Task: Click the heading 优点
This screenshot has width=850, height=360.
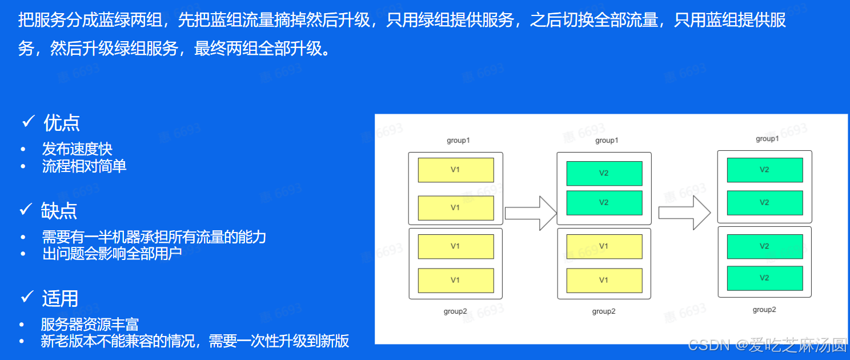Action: tap(62, 123)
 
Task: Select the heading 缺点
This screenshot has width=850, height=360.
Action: tap(59, 211)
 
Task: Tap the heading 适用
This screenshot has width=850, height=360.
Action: tap(60, 298)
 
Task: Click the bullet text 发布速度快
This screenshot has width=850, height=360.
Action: tap(77, 149)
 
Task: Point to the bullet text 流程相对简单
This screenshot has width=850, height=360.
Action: tap(84, 166)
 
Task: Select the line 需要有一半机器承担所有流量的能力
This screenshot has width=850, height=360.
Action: tap(154, 237)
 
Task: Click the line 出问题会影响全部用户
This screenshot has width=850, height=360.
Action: tap(112, 253)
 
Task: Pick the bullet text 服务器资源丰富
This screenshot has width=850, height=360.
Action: tap(90, 325)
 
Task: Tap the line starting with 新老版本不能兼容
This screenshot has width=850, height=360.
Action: tap(195, 341)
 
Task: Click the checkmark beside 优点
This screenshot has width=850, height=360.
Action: tap(29, 122)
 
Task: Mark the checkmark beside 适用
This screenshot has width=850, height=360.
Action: tap(27, 297)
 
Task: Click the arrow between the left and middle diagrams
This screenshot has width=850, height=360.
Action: tap(531, 213)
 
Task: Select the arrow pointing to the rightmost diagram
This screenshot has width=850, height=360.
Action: tap(684, 213)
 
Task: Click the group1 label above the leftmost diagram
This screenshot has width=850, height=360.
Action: tap(458, 141)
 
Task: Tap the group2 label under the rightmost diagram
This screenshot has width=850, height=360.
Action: tap(764, 310)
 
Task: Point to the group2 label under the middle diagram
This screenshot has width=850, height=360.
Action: tap(604, 311)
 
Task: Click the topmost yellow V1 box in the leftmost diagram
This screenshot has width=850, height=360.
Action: tap(455, 170)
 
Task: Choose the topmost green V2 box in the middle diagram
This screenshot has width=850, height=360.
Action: tap(604, 173)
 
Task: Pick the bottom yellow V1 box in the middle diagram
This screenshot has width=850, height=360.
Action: tap(604, 280)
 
